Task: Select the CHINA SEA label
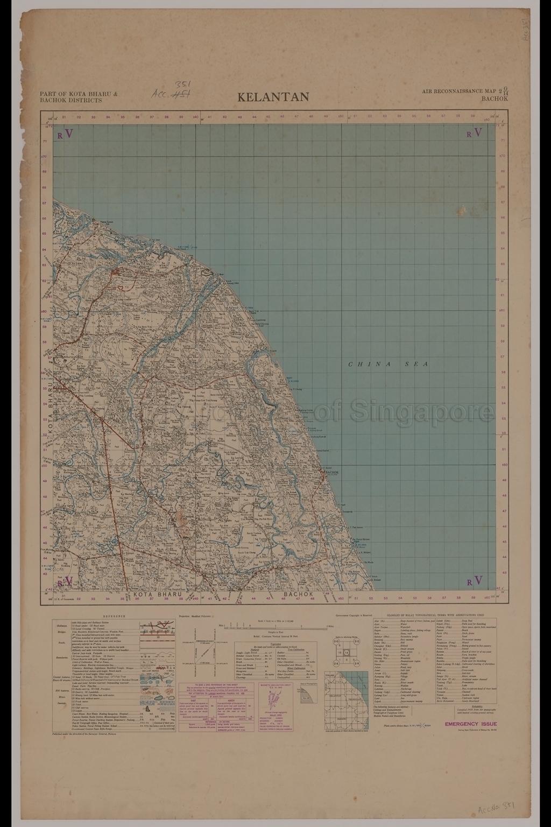388,365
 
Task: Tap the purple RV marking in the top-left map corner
65,133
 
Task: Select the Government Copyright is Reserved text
354,614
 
